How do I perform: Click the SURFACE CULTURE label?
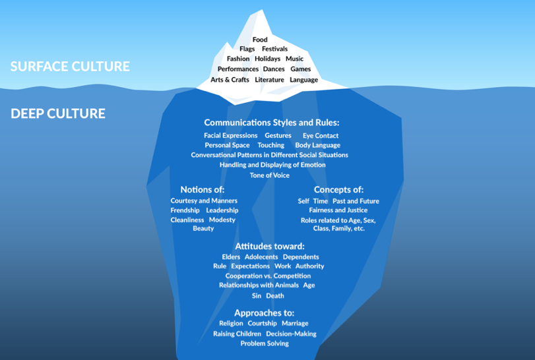coord(70,67)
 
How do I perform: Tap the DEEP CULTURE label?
coord(58,113)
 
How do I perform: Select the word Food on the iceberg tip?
coord(260,40)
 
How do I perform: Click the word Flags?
coord(247,49)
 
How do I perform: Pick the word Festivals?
coord(274,49)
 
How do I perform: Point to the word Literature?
coord(269,80)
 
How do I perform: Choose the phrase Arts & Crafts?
coord(230,80)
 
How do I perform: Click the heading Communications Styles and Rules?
coord(271,123)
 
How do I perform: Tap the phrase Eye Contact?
coord(321,136)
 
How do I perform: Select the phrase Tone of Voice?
coord(269,175)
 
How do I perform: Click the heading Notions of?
coord(203,190)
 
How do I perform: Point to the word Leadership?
coord(222,210)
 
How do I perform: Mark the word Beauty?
coord(203,228)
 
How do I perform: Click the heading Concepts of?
coord(338,190)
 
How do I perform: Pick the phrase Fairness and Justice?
coord(338,210)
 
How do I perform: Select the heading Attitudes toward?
coord(270,246)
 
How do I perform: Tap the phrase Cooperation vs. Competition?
coord(268,276)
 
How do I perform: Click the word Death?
coord(275,296)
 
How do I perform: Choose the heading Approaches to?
coord(264,313)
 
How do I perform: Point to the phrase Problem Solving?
coord(265,344)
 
